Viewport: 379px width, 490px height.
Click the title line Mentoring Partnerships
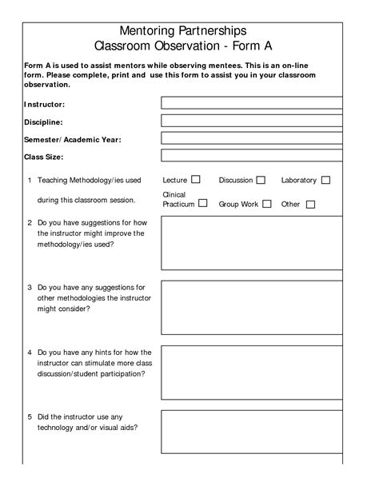[189, 30]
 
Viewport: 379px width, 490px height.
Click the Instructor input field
[252, 103]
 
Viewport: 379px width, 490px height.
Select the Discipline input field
[252, 121]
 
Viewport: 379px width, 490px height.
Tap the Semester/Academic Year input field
[252, 138]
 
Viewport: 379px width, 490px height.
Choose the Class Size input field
[252, 156]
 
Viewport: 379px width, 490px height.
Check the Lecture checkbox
[196, 180]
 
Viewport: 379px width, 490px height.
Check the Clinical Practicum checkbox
[203, 203]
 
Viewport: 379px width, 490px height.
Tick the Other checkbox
[310, 205]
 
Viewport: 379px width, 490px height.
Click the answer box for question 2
[252, 243]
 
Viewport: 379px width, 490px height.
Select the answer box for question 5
[252, 432]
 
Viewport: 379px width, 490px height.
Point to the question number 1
[30, 181]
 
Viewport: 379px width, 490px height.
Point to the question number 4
[30, 352]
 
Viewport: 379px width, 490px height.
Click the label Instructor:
[45, 105]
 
